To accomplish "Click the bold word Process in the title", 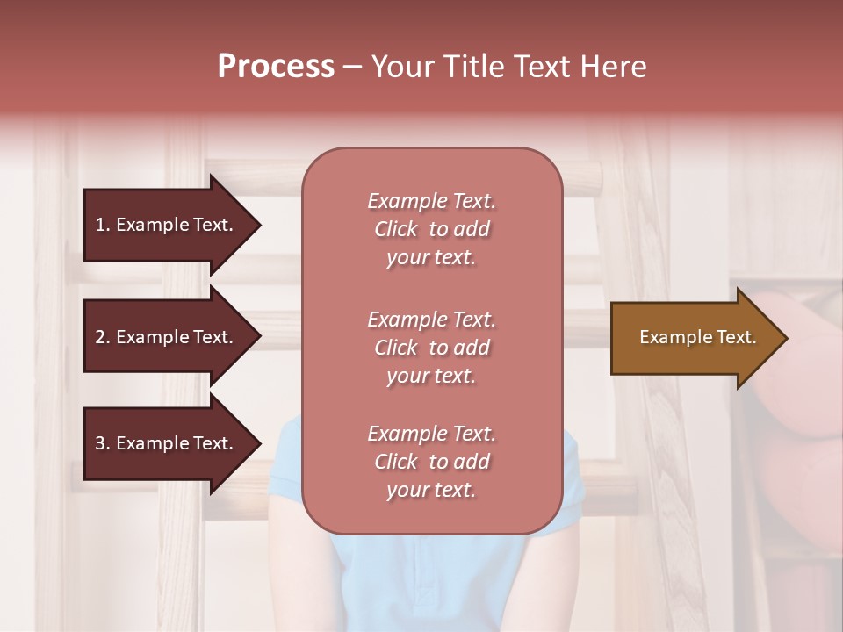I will pos(276,67).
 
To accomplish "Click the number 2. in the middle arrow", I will pos(103,337).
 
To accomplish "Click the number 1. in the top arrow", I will pos(103,225).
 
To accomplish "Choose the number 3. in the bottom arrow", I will pos(103,443).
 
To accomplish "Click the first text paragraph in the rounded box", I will pos(431,229).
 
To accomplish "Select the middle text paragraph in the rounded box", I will pos(431,348).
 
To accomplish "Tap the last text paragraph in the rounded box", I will pos(431,462).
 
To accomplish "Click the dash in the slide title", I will pos(352,68).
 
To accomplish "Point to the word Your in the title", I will pos(400,67).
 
